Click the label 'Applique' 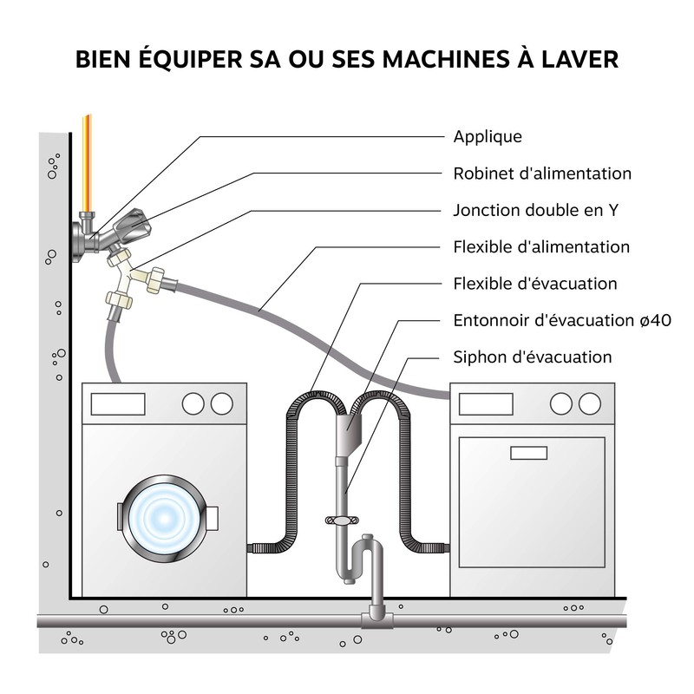(x=488, y=137)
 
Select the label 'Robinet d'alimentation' (x=542, y=173)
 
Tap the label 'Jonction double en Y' (x=535, y=210)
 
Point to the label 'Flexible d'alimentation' (x=541, y=247)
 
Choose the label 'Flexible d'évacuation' (x=535, y=284)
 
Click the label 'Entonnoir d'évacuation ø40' (x=561, y=320)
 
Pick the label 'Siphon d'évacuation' (x=532, y=357)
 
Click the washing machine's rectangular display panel (x=118, y=403)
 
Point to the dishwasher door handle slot (x=528, y=452)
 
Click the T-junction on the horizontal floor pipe (x=375, y=617)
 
